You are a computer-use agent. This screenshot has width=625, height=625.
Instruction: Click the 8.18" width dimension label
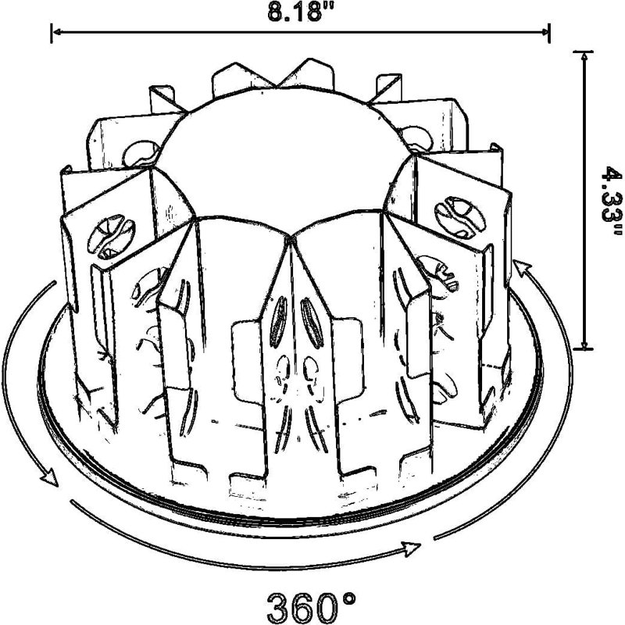301,12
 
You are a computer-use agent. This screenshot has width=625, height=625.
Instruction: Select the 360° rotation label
311,607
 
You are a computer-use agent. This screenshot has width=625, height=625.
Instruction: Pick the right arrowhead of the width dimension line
543,32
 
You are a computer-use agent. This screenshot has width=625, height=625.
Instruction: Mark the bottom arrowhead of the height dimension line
584,343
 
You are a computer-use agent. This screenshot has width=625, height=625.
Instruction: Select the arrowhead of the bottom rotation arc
412,548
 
